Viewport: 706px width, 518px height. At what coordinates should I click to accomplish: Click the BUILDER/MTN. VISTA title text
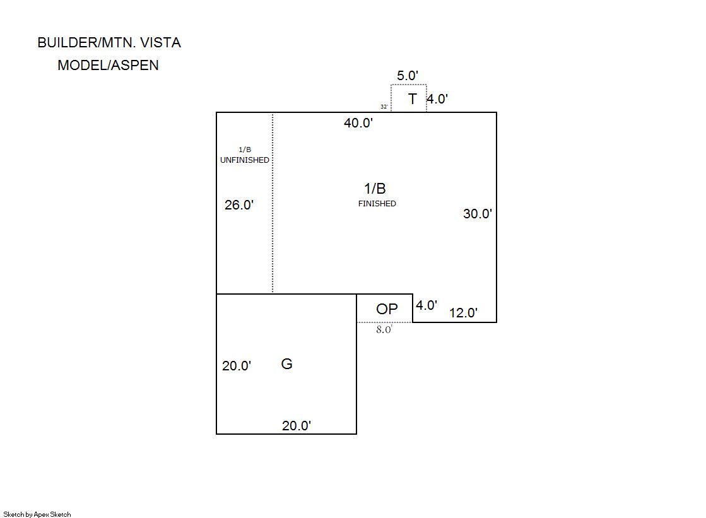[x=109, y=43]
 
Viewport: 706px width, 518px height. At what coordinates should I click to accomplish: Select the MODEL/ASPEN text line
[x=108, y=65]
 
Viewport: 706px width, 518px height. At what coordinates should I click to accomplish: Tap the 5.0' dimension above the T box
[x=408, y=76]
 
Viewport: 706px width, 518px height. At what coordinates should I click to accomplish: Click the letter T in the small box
[x=413, y=99]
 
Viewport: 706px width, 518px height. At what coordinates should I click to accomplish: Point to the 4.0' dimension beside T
[x=437, y=99]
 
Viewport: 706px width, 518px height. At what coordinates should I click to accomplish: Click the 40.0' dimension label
[x=358, y=123]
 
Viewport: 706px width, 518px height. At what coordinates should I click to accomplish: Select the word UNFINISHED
[x=245, y=160]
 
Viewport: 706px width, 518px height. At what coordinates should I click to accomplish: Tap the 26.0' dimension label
[x=239, y=205]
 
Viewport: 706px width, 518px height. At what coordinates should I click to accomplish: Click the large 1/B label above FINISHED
[x=375, y=189]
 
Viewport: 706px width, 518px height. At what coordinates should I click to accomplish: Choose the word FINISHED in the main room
[x=377, y=204]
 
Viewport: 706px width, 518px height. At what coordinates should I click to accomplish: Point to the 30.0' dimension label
[x=478, y=214]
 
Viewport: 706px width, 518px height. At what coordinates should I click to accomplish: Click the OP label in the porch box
[x=387, y=309]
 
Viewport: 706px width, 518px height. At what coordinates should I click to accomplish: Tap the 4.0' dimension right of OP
[x=427, y=305]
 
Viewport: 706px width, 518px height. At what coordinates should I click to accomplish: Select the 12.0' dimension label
[x=463, y=313]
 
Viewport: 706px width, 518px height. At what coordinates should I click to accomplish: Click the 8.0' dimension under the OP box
[x=384, y=329]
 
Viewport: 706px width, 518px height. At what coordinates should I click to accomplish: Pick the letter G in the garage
[x=286, y=364]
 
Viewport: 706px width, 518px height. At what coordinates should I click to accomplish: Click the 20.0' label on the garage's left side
[x=237, y=366]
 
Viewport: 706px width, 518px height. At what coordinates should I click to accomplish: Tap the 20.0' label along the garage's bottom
[x=297, y=426]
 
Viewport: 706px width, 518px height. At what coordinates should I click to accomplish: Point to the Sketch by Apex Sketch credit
[x=37, y=514]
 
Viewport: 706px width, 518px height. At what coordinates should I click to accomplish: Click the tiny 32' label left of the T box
[x=384, y=107]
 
